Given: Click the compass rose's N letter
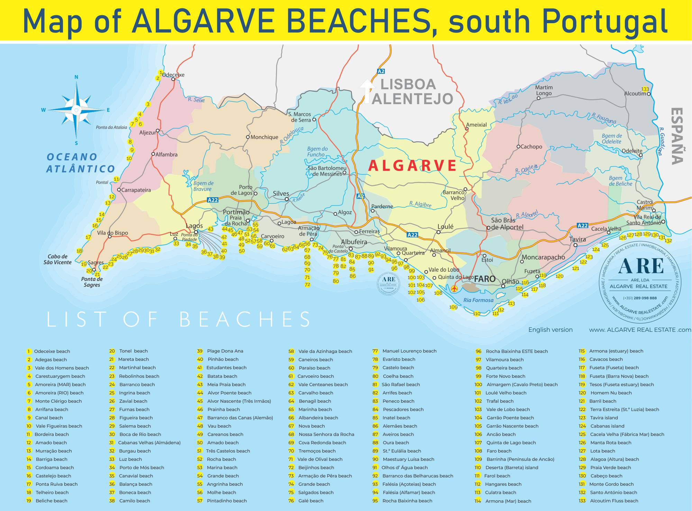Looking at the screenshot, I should click(x=76, y=77).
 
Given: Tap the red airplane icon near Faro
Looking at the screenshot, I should click(x=455, y=288).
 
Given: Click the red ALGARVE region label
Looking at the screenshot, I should click(x=412, y=166).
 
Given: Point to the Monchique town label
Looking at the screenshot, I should click(x=264, y=137).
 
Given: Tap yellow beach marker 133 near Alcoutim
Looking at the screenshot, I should click(x=645, y=89).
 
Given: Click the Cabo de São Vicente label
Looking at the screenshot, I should click(x=58, y=259).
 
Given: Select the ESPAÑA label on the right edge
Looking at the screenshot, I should click(x=677, y=136).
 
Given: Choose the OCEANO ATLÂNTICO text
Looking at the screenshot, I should click(x=81, y=163).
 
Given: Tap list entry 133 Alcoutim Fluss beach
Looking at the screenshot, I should click(x=613, y=501).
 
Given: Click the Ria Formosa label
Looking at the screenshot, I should click(x=478, y=300).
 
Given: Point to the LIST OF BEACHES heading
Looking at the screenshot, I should click(x=179, y=319).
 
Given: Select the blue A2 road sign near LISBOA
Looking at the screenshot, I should click(x=381, y=71).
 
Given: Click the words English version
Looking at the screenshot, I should click(x=550, y=330).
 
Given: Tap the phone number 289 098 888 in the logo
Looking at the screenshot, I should click(x=640, y=298).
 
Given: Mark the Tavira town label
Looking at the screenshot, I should click(x=577, y=239).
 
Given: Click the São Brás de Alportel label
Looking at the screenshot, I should click(x=507, y=224).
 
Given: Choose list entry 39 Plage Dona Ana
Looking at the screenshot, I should click(x=225, y=351).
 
